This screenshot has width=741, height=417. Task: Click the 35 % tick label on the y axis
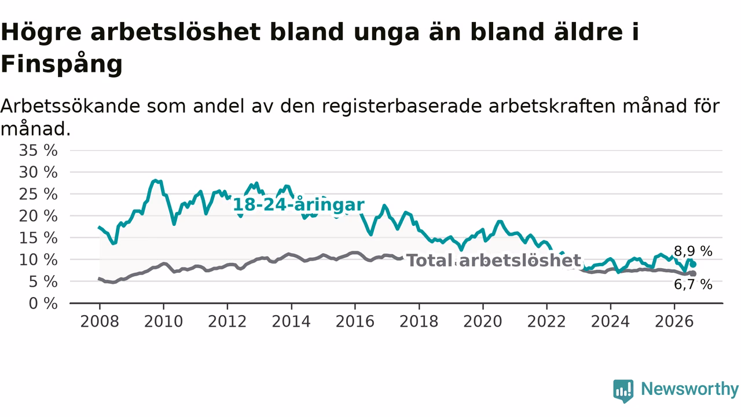click(x=38, y=151)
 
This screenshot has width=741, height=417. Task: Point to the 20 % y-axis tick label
click(x=38, y=217)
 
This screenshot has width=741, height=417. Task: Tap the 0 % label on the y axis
click(x=43, y=303)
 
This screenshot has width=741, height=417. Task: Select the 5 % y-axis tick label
click(x=43, y=282)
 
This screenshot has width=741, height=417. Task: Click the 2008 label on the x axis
click(x=100, y=321)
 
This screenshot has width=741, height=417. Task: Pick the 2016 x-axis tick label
click(x=355, y=321)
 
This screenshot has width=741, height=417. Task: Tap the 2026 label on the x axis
click(x=674, y=321)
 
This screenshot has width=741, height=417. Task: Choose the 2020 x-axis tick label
click(x=483, y=321)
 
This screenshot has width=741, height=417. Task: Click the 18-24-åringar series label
click(x=299, y=205)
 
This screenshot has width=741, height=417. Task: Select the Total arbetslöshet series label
click(x=494, y=261)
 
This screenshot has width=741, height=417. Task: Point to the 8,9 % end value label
click(x=693, y=251)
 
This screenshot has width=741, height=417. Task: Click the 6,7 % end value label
click(x=693, y=284)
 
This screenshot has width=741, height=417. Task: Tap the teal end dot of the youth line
click(x=693, y=265)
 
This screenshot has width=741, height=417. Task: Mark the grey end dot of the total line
click(x=693, y=274)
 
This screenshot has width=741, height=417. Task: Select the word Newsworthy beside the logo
click(x=690, y=389)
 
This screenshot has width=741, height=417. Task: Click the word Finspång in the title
click(x=62, y=64)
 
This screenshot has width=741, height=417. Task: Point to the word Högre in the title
click(x=41, y=32)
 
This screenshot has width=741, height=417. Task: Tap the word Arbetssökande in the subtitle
click(x=71, y=106)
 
